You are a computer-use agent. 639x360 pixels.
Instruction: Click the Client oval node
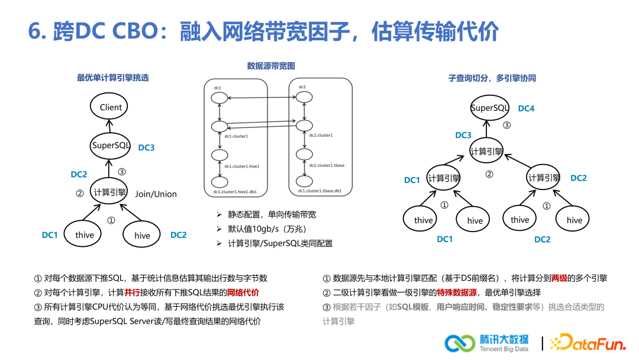(111, 107)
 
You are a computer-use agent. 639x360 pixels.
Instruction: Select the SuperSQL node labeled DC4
(490, 108)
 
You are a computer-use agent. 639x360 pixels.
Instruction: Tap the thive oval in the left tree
(85, 235)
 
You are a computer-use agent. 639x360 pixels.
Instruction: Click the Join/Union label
(156, 194)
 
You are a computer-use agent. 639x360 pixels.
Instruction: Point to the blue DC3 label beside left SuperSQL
(146, 147)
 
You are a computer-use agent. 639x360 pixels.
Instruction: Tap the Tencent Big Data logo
(487, 343)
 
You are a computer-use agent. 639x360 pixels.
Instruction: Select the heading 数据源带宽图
(271, 66)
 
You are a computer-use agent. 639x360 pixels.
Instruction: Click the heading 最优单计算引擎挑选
(113, 78)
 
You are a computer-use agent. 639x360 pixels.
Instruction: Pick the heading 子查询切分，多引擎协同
(492, 78)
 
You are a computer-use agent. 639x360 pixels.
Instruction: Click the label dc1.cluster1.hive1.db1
(237, 191)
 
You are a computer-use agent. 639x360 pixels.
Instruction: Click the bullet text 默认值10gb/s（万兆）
(267, 229)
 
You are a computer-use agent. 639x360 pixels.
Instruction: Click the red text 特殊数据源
(460, 292)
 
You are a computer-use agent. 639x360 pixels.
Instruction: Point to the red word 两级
(559, 277)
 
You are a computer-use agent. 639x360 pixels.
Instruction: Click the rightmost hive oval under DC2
(575, 220)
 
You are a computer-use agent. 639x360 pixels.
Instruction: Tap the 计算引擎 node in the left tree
(110, 191)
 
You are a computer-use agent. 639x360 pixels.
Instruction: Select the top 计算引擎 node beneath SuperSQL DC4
(487, 151)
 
